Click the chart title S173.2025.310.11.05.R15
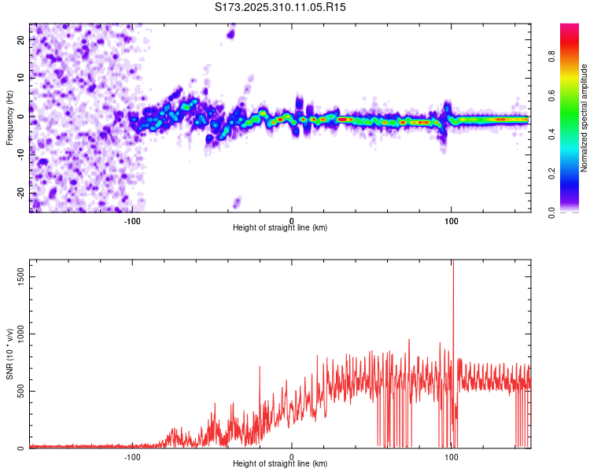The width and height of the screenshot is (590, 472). click(x=281, y=7)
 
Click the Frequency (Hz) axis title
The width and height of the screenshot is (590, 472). click(x=9, y=118)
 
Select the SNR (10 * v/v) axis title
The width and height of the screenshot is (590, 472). click(x=9, y=354)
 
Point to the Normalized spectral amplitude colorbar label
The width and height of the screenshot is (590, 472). click(x=584, y=118)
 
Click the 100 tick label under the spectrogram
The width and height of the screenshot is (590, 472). click(x=452, y=220)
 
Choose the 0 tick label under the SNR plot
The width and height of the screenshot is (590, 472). click(x=292, y=456)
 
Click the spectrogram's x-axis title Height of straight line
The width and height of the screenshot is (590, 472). click(x=280, y=228)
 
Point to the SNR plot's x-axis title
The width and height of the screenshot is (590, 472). click(x=280, y=464)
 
